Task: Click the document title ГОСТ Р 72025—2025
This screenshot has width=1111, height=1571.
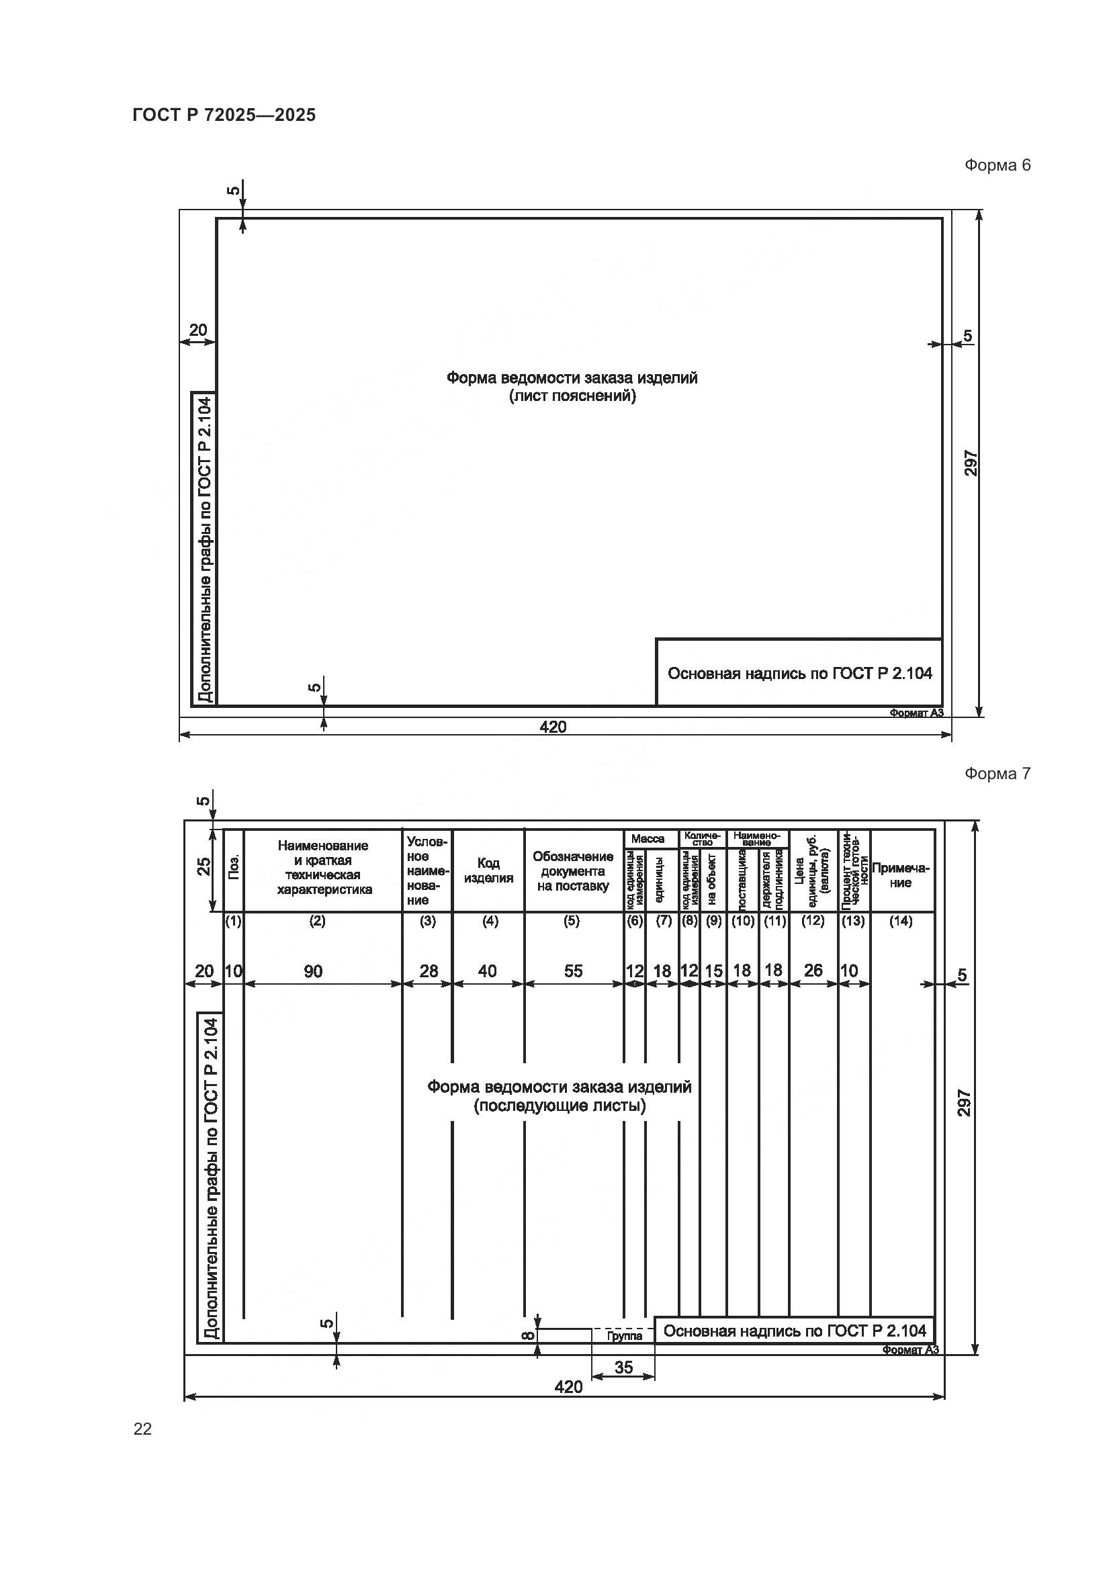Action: click(x=224, y=115)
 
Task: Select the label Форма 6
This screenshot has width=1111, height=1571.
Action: click(x=997, y=165)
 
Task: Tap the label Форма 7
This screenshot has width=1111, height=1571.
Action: click(x=997, y=773)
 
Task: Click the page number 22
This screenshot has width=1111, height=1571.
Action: click(x=142, y=1429)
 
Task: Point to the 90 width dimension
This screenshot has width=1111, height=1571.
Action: click(x=312, y=971)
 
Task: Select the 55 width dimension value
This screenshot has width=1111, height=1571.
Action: click(x=573, y=971)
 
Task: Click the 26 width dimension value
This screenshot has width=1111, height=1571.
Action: click(x=813, y=971)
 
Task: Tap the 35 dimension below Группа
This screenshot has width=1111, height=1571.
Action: click(x=623, y=1367)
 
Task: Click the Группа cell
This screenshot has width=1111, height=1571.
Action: click(x=624, y=1337)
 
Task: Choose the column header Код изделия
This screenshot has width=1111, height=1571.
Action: click(x=488, y=870)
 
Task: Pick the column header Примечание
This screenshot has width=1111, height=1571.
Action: click(x=901, y=875)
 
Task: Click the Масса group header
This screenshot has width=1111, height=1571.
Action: click(x=647, y=838)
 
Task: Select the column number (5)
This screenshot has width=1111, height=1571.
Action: click(x=571, y=921)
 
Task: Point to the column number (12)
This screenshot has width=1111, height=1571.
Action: click(x=813, y=921)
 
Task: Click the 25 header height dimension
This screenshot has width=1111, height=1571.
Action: click(x=204, y=868)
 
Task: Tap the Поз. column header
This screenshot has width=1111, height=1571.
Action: click(x=234, y=869)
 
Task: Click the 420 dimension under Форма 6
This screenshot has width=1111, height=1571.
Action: click(x=553, y=727)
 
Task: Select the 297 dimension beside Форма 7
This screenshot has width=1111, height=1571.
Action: click(x=963, y=1102)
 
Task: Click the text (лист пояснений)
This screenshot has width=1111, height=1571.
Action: click(x=572, y=396)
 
